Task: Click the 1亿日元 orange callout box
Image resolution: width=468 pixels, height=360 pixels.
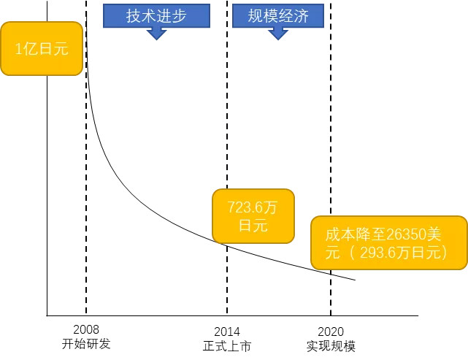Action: tap(42, 48)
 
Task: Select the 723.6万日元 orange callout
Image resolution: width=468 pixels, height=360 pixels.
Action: tap(253, 216)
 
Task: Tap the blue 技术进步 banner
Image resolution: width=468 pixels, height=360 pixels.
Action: tap(156, 15)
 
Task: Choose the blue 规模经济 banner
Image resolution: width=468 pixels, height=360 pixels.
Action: tap(278, 15)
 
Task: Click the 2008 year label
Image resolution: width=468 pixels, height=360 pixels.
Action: tap(86, 329)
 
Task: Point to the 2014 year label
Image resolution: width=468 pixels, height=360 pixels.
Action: tap(227, 332)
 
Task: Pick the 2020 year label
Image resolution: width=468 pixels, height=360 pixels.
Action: tap(331, 332)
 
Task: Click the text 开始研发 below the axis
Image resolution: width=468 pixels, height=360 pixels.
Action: tap(86, 344)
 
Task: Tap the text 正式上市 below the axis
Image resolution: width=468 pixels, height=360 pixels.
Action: tap(227, 346)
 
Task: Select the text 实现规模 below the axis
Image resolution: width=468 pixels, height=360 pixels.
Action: tap(331, 346)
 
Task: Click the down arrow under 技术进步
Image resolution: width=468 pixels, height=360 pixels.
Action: tap(156, 34)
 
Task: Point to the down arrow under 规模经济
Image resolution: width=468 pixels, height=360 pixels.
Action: tap(278, 34)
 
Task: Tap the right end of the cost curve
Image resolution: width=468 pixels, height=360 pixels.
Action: tap(355, 280)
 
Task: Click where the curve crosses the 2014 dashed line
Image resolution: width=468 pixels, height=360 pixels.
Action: tap(227, 245)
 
